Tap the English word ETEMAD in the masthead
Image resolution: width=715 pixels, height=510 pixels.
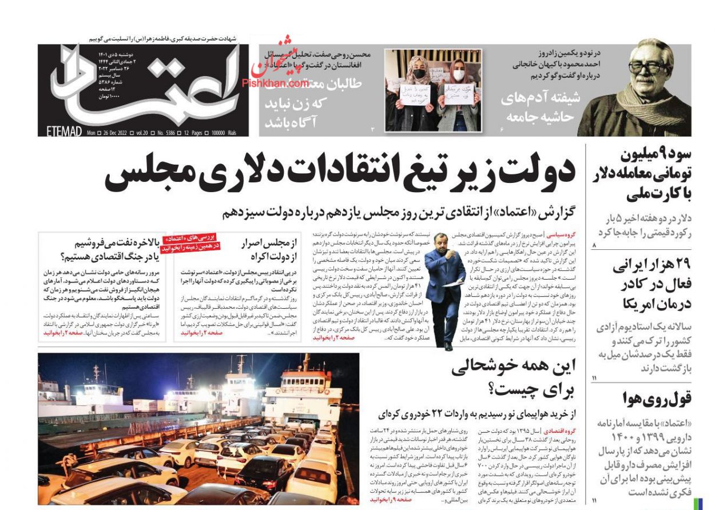pos(60,132)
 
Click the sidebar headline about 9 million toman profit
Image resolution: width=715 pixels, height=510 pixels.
pos(652,174)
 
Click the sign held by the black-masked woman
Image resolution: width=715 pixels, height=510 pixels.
pos(416,94)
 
